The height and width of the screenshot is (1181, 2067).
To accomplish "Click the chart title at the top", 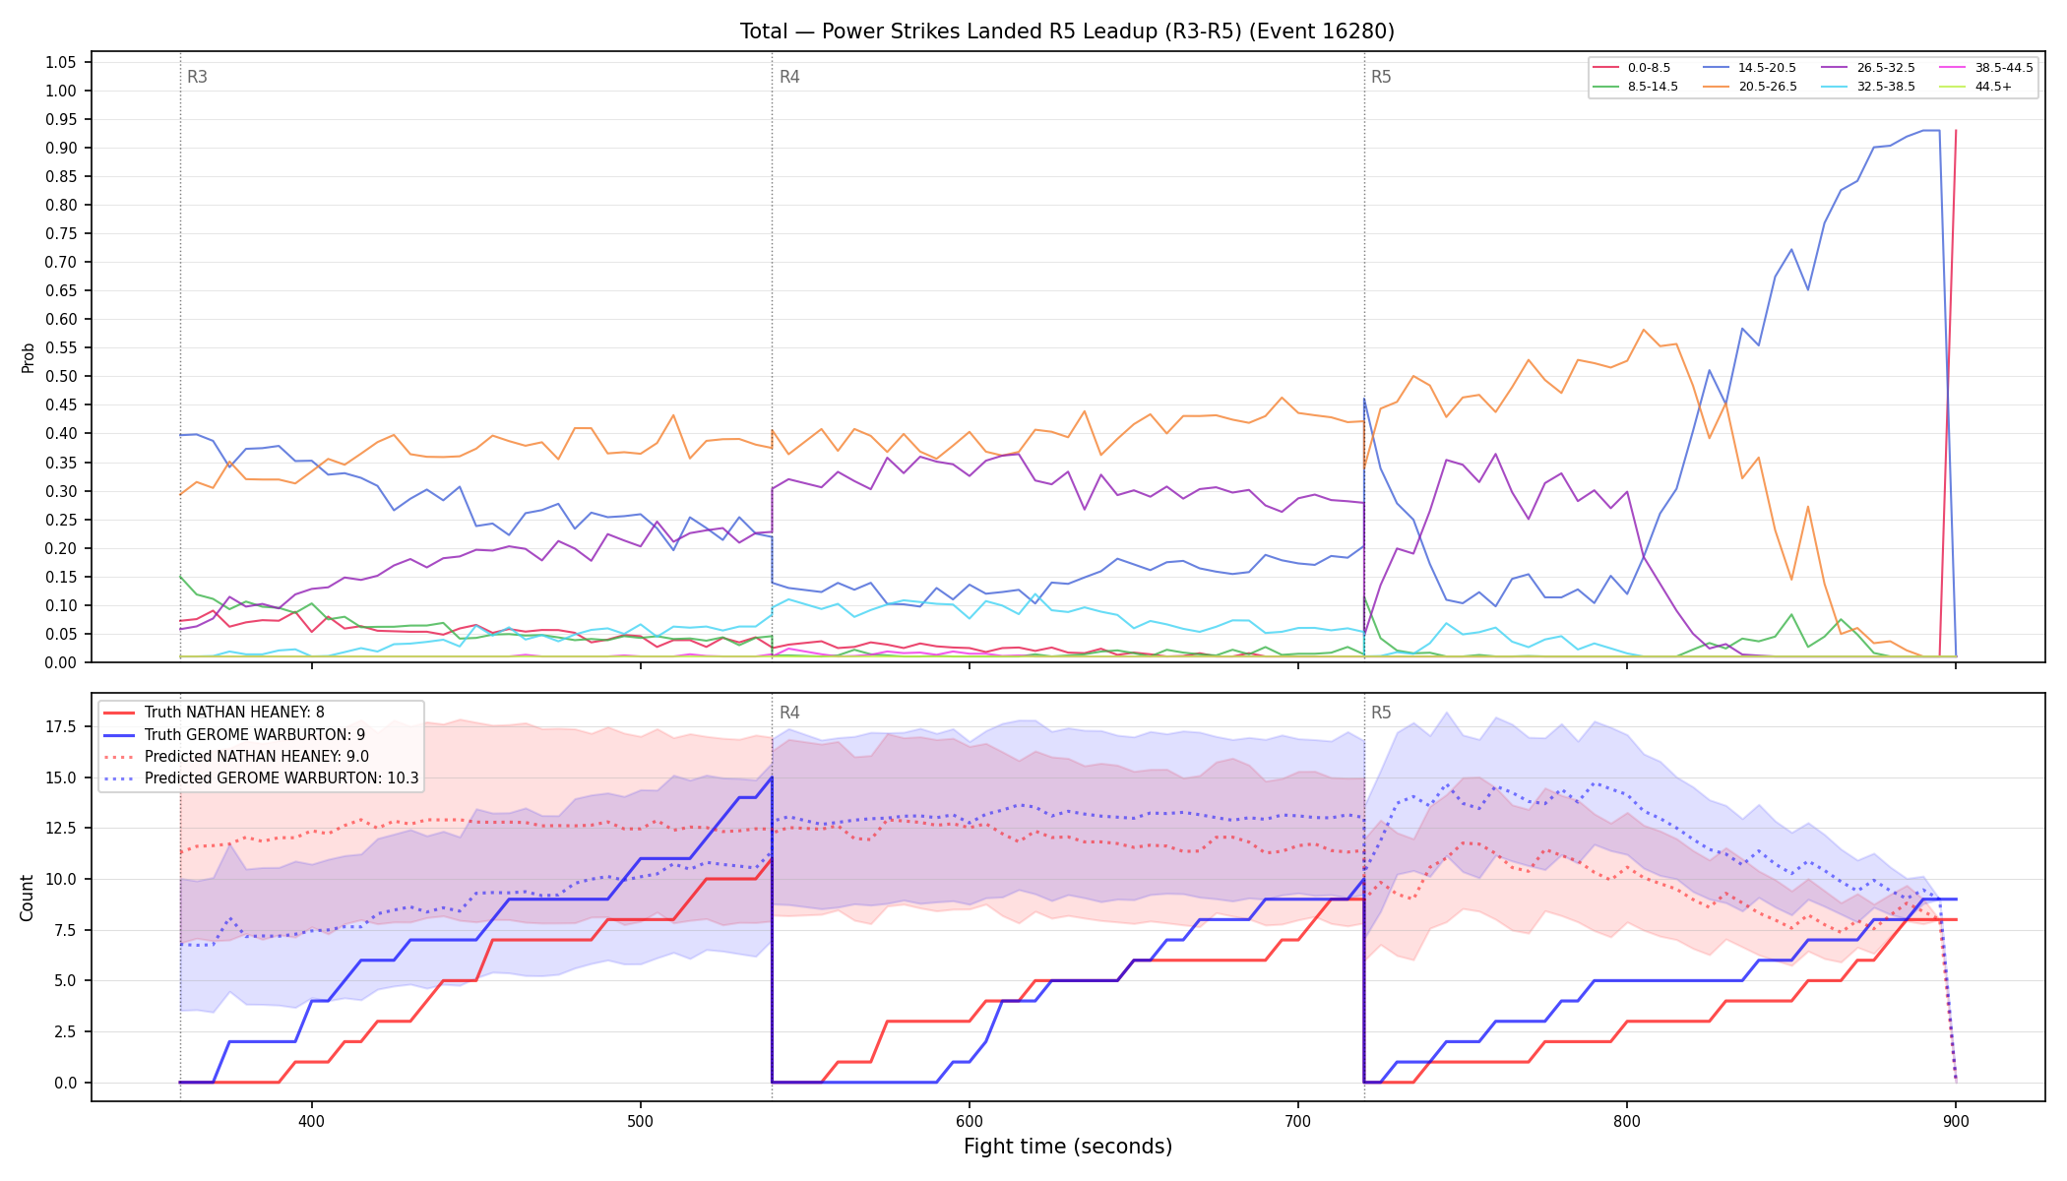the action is (x=1067, y=31).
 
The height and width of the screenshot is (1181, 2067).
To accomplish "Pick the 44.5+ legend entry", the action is (x=1977, y=87).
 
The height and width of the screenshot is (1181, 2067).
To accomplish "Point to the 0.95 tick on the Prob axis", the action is (x=61, y=120).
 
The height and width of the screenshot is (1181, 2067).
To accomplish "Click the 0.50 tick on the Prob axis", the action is (x=61, y=377).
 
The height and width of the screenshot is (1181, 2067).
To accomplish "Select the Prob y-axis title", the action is (x=28, y=357).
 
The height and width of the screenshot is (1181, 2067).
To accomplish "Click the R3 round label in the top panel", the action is (x=197, y=77).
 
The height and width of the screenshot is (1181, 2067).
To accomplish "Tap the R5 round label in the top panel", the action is (x=1381, y=77).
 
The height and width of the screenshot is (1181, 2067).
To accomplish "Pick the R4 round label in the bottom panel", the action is (x=789, y=713).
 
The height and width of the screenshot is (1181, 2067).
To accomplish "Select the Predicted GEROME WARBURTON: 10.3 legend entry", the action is (x=261, y=778).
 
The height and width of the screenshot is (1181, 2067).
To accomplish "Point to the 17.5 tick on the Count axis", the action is (x=61, y=726).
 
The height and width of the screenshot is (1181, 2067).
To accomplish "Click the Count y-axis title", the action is (x=27, y=898).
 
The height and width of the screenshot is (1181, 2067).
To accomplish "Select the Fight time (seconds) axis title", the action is (x=1068, y=1147).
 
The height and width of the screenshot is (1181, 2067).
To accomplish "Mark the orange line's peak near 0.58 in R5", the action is (x=1643, y=330).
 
